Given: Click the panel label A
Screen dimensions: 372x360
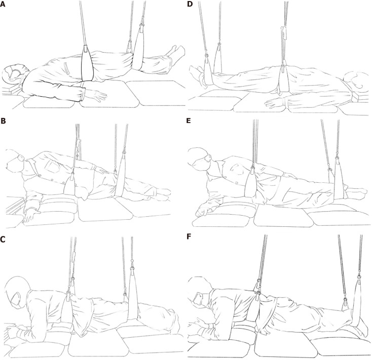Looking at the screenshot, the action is pyautogui.click(x=3, y=4).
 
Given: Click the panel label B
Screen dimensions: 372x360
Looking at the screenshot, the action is pyautogui.click(x=3, y=121).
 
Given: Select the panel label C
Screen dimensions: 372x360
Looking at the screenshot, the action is pyautogui.click(x=3, y=239).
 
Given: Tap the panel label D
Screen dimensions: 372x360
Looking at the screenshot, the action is pyautogui.click(x=190, y=4).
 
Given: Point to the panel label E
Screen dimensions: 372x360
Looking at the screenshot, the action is pyautogui.click(x=189, y=121).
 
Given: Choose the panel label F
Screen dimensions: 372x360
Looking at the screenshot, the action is pyautogui.click(x=189, y=237).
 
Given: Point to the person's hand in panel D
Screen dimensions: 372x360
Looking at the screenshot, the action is pyautogui.click(x=275, y=104).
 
